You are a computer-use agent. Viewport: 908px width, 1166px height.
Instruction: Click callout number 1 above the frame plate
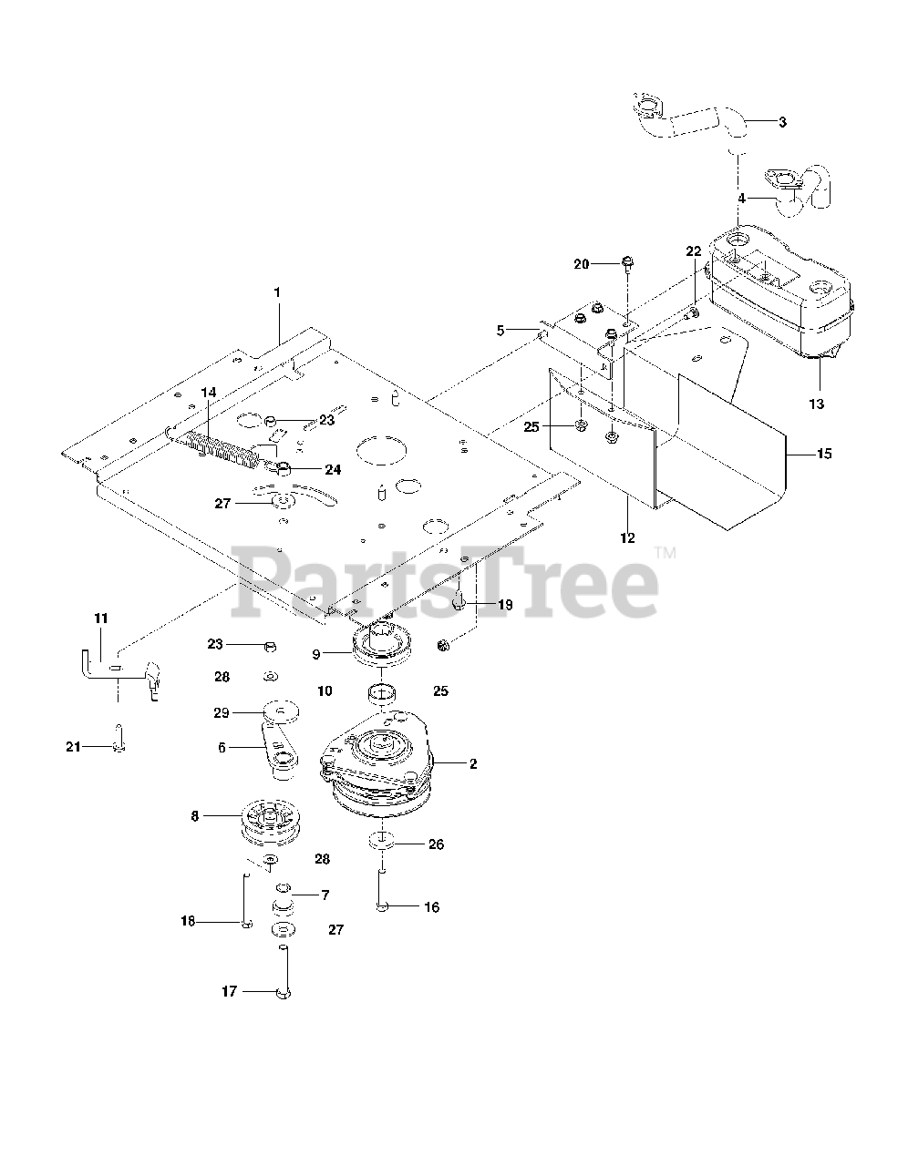click(277, 292)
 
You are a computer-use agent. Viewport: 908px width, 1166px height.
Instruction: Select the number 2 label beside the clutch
click(473, 764)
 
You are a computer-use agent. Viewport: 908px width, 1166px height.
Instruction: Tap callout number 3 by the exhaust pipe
click(782, 120)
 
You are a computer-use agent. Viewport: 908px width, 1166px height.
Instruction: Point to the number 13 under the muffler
click(816, 404)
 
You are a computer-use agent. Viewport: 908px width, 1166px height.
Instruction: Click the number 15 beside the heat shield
click(824, 453)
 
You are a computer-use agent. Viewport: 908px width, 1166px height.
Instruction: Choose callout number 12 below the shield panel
click(627, 537)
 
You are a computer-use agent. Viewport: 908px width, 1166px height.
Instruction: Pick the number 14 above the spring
click(209, 393)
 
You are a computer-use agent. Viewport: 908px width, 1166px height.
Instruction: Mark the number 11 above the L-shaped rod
click(100, 619)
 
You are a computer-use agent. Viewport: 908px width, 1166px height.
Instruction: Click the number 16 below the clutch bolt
click(431, 907)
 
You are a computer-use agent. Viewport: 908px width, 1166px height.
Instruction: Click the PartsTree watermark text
click(447, 578)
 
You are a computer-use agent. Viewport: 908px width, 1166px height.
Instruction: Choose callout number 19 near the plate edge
click(504, 605)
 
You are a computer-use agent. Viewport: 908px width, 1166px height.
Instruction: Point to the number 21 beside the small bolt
click(72, 747)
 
